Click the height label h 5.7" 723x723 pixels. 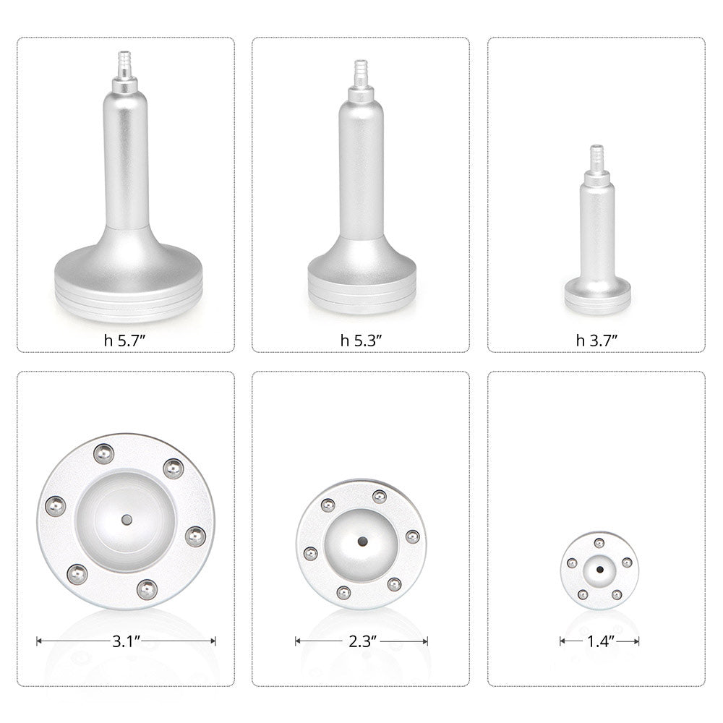click(126, 341)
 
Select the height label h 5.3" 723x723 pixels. click(361, 341)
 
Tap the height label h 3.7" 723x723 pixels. click(596, 341)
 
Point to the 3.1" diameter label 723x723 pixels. click(126, 640)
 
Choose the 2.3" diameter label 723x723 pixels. click(361, 641)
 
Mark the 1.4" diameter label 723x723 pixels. click(599, 641)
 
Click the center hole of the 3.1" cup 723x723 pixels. click(127, 519)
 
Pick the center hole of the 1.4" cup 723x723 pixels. click(599, 569)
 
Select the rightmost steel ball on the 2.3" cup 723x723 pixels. click(412, 536)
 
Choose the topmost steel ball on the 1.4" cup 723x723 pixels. click(599, 543)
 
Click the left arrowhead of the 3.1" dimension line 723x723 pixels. click(38, 641)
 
